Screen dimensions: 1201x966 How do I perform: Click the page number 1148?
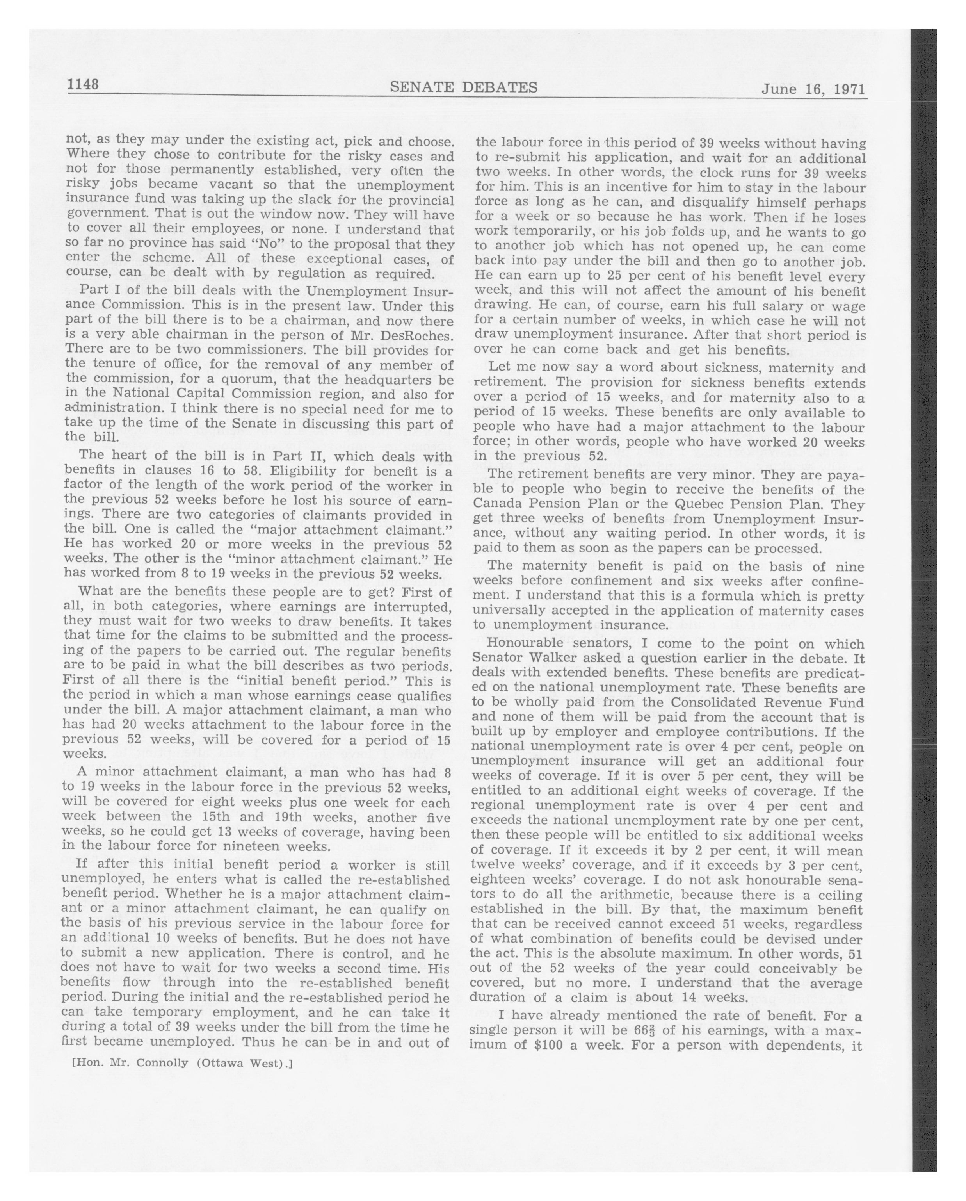[x=83, y=85]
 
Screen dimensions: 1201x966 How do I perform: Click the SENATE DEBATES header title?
[x=463, y=87]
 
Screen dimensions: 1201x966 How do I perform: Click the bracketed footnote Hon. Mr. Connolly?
[x=182, y=1064]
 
